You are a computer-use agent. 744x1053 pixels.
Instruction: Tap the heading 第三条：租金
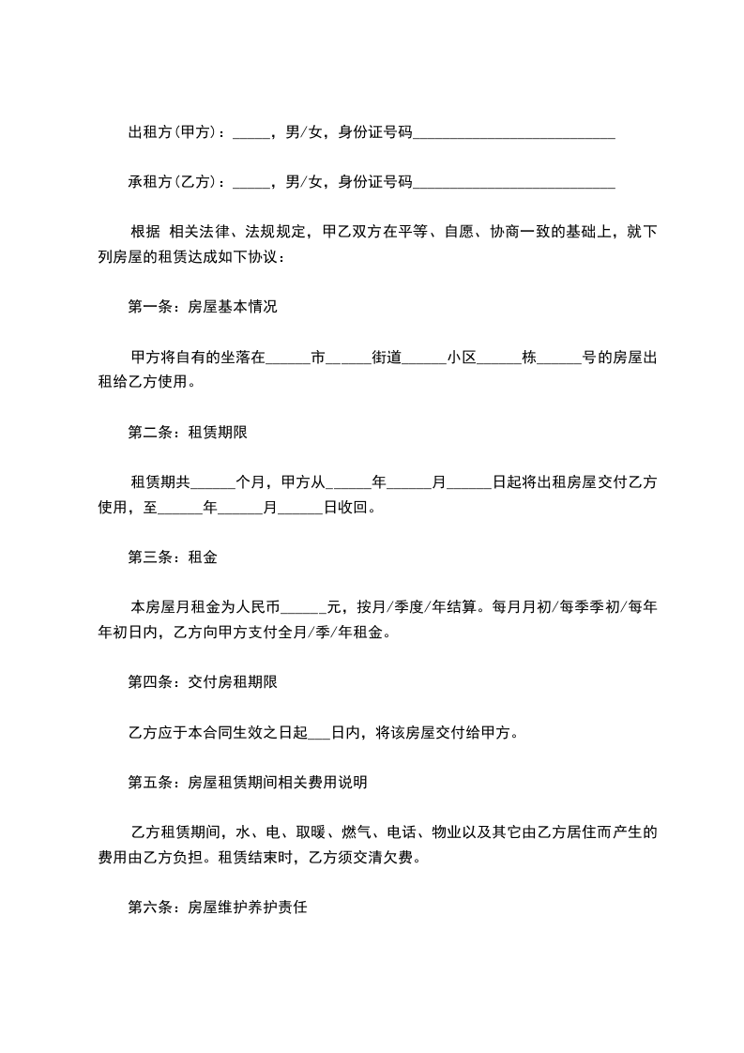coord(172,557)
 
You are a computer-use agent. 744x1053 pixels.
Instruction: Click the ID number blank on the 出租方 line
coord(513,132)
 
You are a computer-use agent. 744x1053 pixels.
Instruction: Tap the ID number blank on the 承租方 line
coord(513,181)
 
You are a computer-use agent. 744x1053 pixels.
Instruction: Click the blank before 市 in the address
coord(287,358)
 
